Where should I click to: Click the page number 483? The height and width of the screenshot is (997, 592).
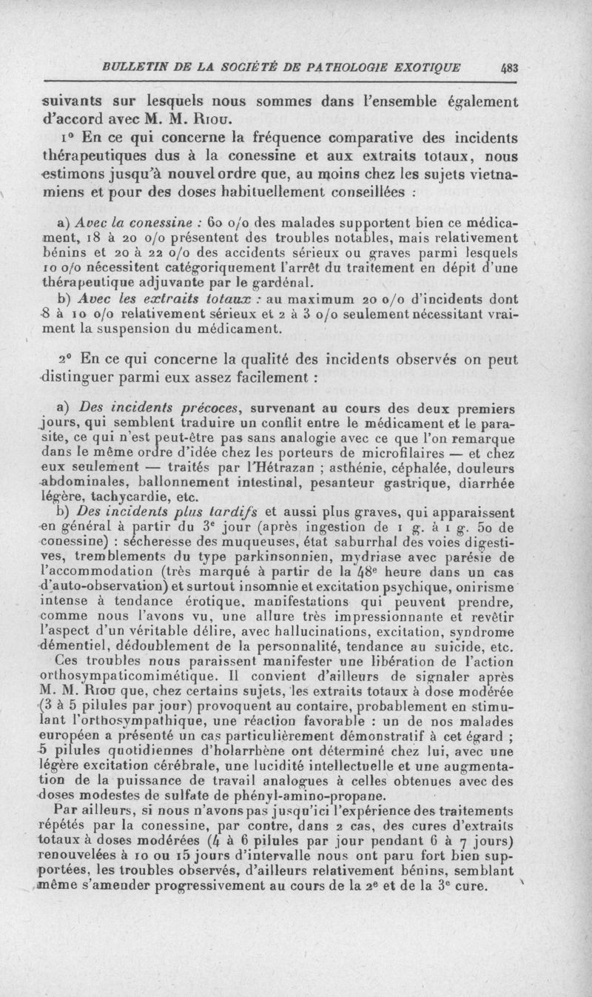coord(510,66)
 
